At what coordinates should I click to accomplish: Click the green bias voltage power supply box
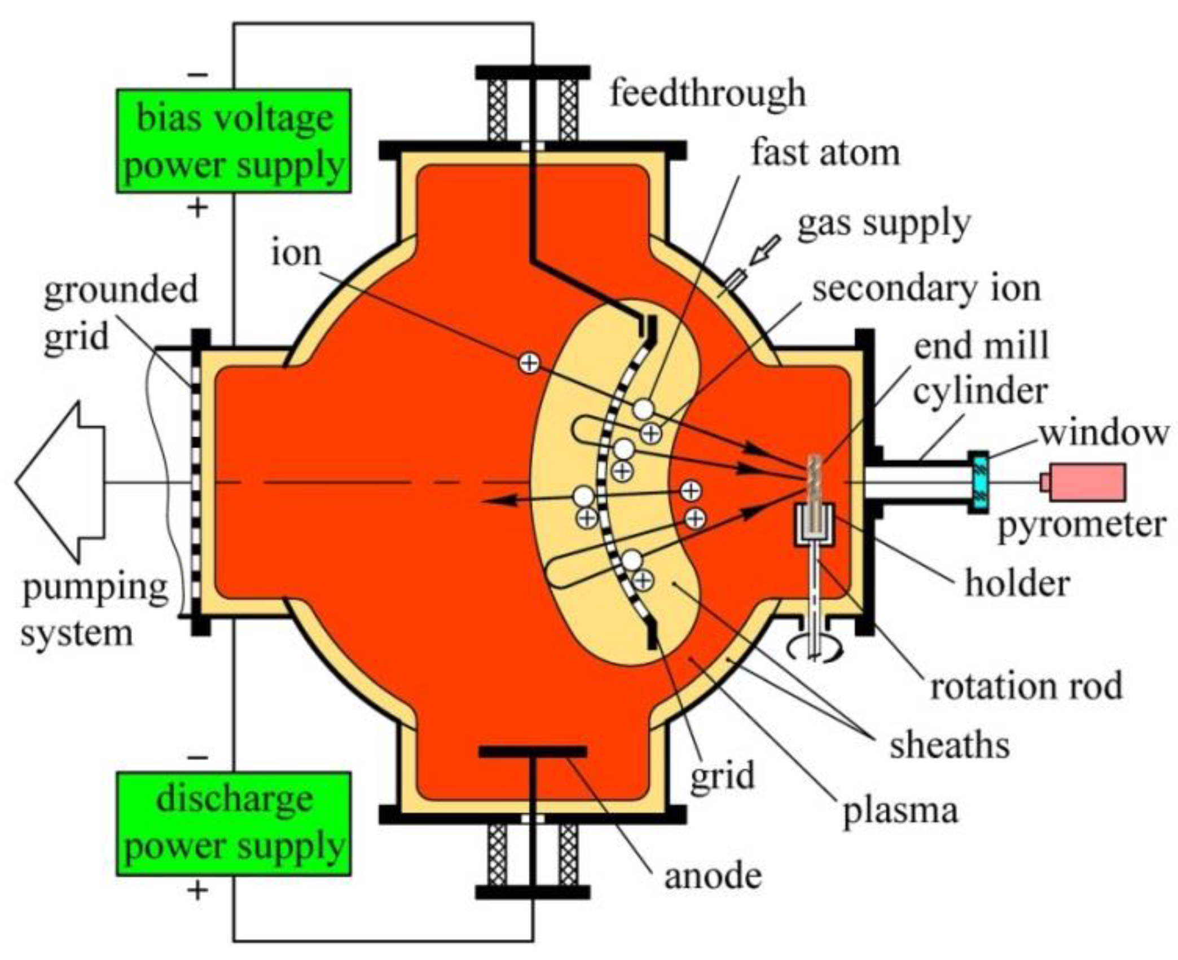tap(234, 141)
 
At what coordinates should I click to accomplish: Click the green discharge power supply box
tap(234, 824)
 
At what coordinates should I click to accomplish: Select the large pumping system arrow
tap(62, 482)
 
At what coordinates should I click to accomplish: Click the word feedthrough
tap(708, 93)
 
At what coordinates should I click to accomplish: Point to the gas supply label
tap(883, 224)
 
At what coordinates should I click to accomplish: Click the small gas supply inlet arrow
tap(765, 250)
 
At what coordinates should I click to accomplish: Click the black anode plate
tap(533, 752)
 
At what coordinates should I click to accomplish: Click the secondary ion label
tap(926, 289)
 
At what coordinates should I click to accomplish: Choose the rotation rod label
tap(1026, 686)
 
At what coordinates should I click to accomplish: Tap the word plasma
tap(900, 812)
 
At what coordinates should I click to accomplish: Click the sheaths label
tap(950, 745)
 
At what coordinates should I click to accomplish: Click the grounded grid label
tap(121, 313)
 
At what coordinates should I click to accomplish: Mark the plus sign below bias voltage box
tap(197, 209)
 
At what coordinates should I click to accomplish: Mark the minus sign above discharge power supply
tap(197, 758)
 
